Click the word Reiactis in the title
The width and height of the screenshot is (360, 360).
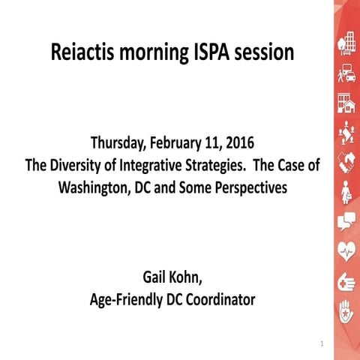83,54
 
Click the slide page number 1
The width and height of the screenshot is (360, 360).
321,344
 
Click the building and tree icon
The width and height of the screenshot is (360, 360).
346,40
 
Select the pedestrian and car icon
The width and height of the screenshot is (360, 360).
346,73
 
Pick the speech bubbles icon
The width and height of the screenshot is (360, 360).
346,220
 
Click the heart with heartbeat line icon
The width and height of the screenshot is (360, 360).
346,250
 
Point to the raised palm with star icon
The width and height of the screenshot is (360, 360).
346,310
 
